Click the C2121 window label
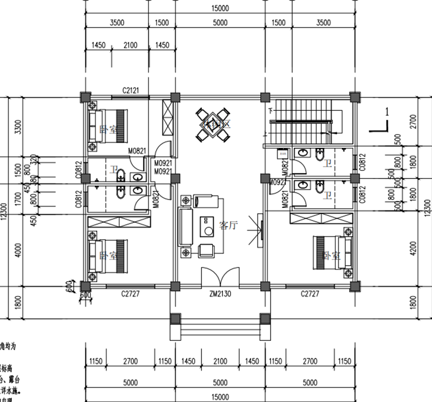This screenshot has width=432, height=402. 131,90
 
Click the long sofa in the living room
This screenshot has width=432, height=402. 187,226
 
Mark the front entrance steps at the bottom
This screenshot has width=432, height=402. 219,327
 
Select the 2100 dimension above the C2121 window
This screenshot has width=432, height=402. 131,45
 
